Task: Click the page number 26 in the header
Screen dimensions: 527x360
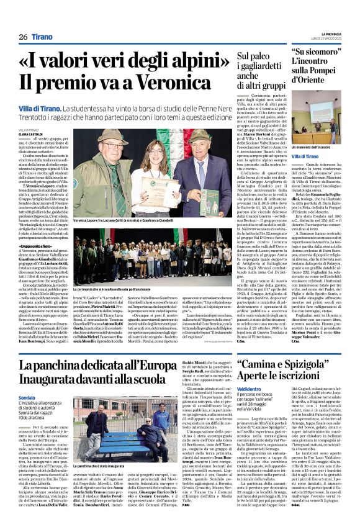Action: tap(22, 37)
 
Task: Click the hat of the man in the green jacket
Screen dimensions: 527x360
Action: tap(101, 135)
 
